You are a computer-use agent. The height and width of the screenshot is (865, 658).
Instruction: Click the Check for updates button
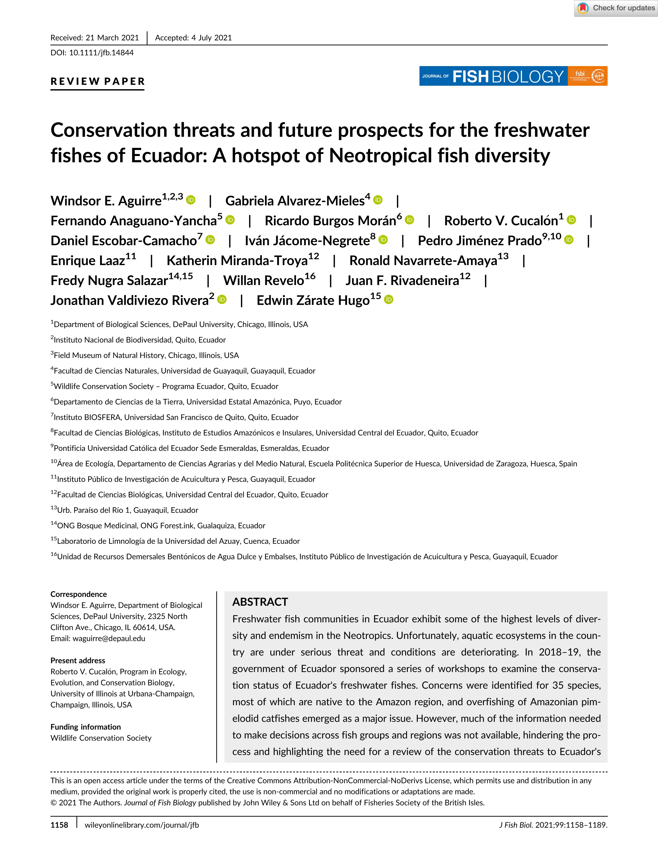616,8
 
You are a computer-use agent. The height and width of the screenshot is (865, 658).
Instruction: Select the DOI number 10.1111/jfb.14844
101,53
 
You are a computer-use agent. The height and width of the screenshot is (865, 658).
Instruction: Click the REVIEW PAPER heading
98,81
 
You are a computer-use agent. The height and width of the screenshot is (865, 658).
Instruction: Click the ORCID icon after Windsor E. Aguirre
191,200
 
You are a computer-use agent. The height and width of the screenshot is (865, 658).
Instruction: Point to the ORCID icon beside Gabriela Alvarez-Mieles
378,200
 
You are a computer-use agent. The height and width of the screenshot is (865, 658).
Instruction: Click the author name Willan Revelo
263,281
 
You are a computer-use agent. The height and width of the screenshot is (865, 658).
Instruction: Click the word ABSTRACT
260,602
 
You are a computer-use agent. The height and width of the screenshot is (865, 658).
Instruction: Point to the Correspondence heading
78,594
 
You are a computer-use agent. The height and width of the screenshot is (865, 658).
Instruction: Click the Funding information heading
85,727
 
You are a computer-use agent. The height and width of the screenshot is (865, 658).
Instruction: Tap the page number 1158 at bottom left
59,825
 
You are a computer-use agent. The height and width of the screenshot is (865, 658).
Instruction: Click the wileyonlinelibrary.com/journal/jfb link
141,825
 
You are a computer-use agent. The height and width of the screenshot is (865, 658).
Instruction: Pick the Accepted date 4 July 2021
211,38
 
